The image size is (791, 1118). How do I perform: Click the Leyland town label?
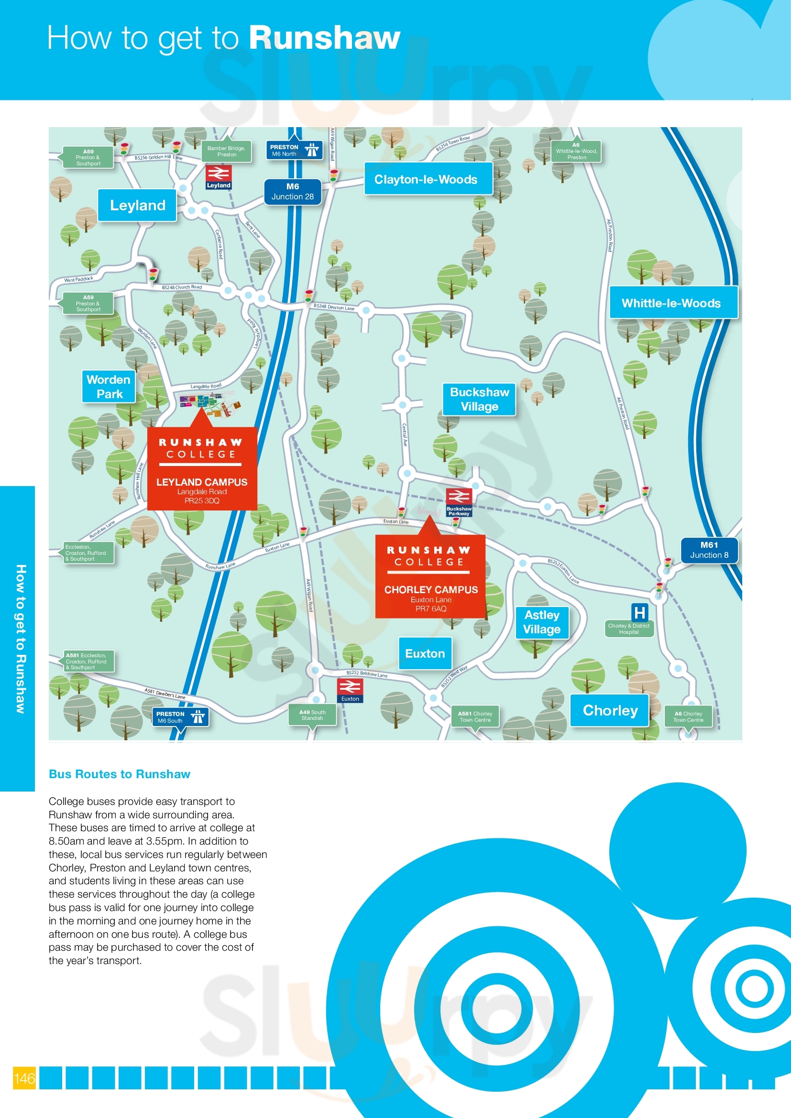click(x=137, y=206)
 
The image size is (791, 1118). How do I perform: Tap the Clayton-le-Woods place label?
click(x=426, y=179)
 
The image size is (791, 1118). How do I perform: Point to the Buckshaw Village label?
click(x=479, y=399)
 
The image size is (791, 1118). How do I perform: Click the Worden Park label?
click(x=109, y=387)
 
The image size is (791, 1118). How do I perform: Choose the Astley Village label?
click(x=542, y=622)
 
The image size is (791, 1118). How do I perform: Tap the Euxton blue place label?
click(x=425, y=653)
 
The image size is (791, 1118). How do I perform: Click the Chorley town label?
click(x=610, y=710)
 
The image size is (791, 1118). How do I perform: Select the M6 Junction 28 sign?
click(x=292, y=191)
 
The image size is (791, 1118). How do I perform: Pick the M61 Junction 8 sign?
click(x=709, y=550)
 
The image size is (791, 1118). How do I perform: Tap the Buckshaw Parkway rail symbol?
click(x=459, y=497)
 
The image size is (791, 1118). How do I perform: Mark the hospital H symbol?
click(x=639, y=612)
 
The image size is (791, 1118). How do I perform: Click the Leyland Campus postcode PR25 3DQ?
click(x=202, y=501)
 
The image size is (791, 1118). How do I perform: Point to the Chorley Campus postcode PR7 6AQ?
click(x=430, y=608)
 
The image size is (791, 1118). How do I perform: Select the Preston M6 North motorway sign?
click(x=294, y=150)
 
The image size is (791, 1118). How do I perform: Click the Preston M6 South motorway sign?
click(x=180, y=717)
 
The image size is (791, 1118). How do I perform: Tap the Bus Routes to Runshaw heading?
click(x=120, y=774)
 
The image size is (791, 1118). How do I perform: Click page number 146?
click(x=24, y=1078)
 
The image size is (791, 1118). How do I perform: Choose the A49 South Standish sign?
click(x=312, y=715)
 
